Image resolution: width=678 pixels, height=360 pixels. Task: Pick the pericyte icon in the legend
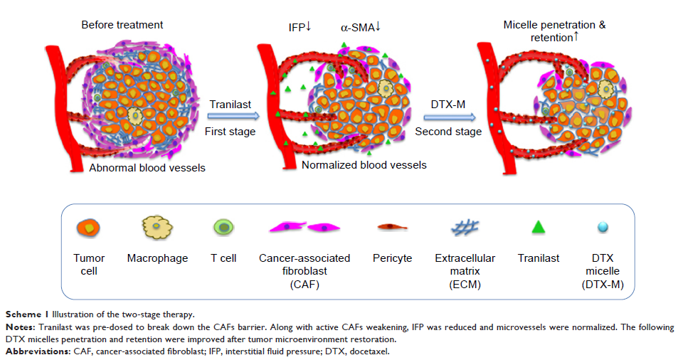coord(392,228)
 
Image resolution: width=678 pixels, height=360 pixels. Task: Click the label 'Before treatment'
coord(122,25)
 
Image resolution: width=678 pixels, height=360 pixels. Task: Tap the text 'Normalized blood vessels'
coord(364,165)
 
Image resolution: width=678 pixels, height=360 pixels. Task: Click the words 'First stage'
coord(227,132)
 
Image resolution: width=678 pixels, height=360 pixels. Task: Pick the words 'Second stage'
coord(448,132)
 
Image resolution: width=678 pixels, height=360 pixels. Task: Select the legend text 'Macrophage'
coord(157,258)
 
